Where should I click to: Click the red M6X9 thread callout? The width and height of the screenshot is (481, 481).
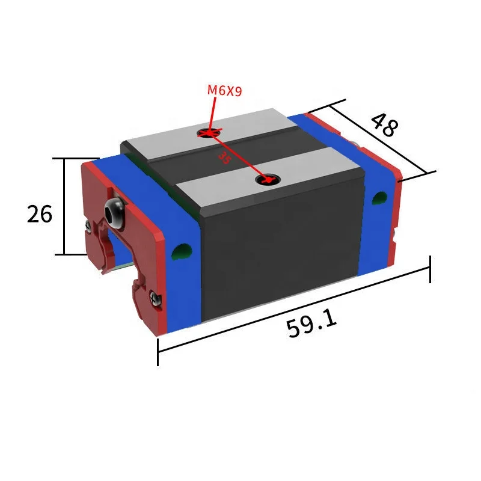coord(224,91)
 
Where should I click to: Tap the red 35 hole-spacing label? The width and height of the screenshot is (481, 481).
coord(225,158)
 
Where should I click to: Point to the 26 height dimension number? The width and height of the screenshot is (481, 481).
coord(40,213)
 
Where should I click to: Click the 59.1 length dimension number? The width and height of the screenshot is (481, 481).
coord(311,324)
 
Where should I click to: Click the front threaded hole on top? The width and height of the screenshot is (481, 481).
coord(266,179)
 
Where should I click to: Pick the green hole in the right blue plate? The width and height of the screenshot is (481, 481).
coord(379,198)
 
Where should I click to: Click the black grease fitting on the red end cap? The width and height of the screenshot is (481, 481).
coord(114,211)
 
